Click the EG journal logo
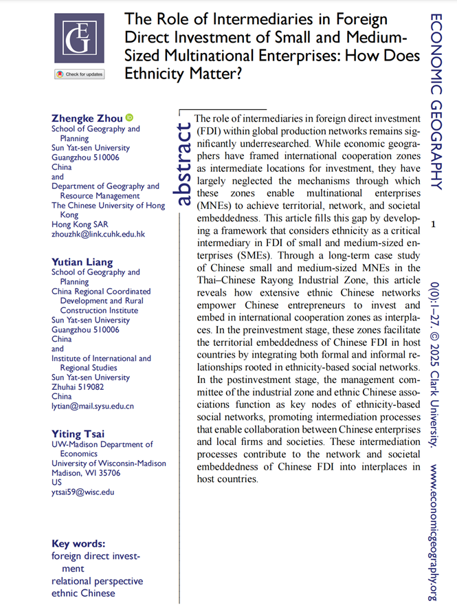pos(79,36)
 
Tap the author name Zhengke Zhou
pos(87,118)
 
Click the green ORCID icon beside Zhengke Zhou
pos(129,118)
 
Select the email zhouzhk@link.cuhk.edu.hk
pos(98,234)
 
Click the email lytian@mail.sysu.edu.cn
pos(93,406)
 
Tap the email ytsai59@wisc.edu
pos(83,492)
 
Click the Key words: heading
pos(78,543)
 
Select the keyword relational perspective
pos(97,581)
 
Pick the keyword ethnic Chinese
pos(83,593)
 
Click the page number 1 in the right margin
pos(432,224)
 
